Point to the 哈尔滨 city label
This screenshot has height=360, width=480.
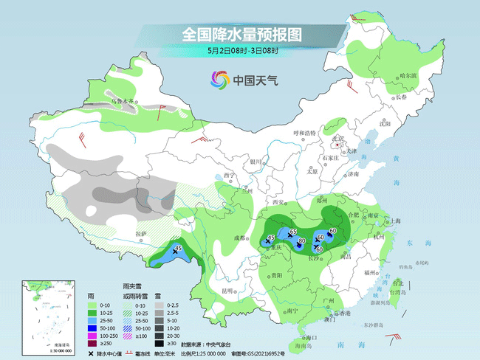(408, 75)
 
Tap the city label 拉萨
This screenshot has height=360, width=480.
(141, 234)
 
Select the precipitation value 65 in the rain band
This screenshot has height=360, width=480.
(293, 232)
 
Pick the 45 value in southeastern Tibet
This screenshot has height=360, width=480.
(178, 249)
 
